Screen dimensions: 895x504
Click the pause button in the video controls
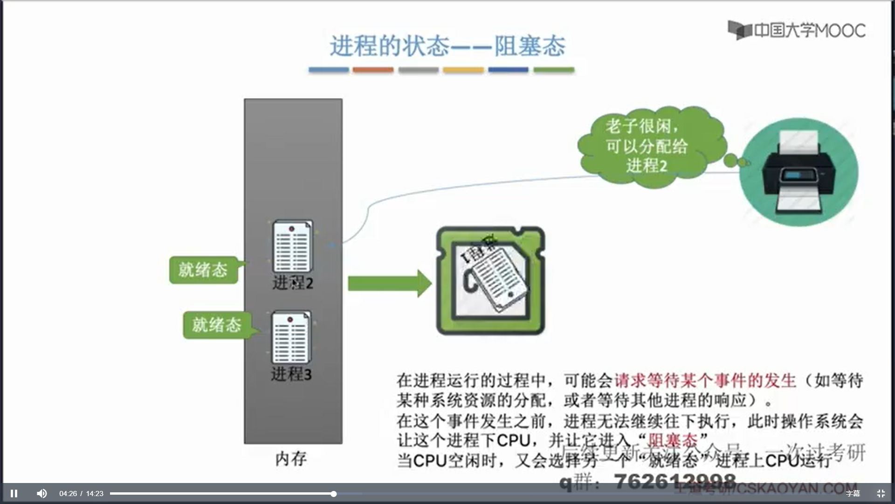14,493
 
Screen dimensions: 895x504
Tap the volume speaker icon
41,493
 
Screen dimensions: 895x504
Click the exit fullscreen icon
881,493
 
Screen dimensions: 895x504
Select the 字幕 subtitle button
853,493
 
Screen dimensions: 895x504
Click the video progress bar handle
334,493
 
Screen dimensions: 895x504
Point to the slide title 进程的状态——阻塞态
447,46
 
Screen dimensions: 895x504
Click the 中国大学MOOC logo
797,30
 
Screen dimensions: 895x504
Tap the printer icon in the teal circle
799,172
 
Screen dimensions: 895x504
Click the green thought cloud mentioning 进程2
648,146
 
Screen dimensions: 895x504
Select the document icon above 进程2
292,246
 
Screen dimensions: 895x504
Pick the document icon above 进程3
291,337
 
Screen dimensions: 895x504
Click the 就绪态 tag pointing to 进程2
203,270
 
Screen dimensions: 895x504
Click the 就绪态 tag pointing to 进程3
217,325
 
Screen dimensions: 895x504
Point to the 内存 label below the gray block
291,459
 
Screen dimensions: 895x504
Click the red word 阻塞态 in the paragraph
673,440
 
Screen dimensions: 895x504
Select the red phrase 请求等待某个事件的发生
705,381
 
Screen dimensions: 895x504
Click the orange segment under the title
372,70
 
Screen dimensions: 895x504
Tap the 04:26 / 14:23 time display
81,493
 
